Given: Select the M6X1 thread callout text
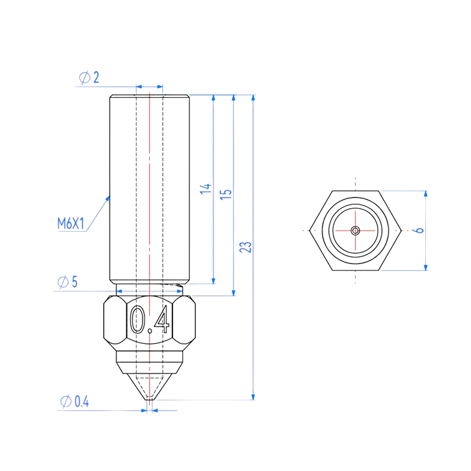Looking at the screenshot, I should pyautogui.click(x=71, y=224).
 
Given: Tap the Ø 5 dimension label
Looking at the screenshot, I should pyautogui.click(x=67, y=283).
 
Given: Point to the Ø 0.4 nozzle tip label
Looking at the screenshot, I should pyautogui.click(x=74, y=402).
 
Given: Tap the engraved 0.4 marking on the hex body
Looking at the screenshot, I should pyautogui.click(x=149, y=319).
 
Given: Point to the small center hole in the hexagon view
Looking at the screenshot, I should pyautogui.click(x=355, y=230).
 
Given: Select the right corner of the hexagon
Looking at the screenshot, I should pyautogui.click(x=400, y=230).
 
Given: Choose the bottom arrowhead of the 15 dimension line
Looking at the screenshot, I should pyautogui.click(x=234, y=292).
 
